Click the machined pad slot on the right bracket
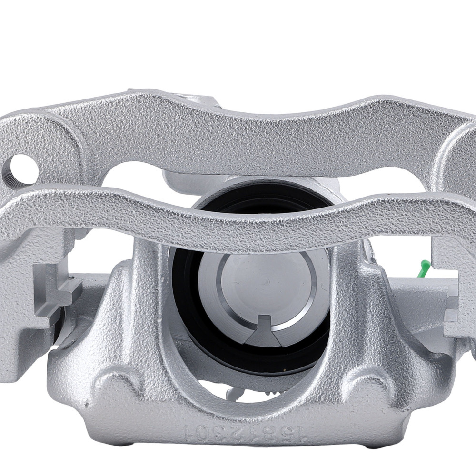(x=452, y=309)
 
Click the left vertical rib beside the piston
(x=148, y=305)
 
